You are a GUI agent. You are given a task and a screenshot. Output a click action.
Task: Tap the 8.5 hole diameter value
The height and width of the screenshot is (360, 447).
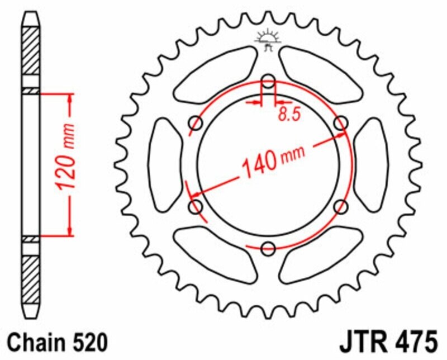coord(288,114)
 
